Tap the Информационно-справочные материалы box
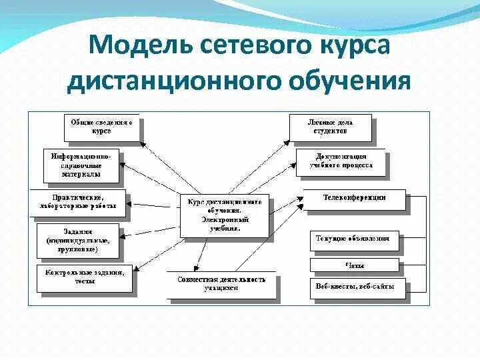81,165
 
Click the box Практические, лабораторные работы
78,201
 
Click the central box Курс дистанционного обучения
224,214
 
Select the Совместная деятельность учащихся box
221,283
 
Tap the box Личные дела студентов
330,127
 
